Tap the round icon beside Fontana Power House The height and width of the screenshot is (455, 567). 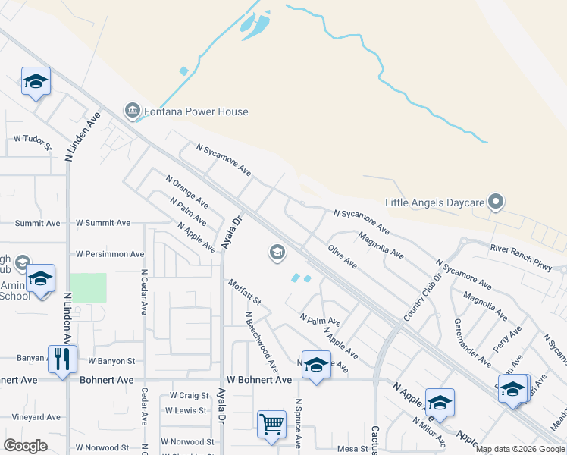tap(133, 111)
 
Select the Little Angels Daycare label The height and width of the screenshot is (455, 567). tap(434, 202)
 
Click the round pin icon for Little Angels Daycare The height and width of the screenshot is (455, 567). tap(496, 202)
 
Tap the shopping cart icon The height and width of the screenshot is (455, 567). tap(271, 425)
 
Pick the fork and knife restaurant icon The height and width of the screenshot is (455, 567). tap(62, 358)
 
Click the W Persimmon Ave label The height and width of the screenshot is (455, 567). tap(110, 254)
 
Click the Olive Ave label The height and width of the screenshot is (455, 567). tap(342, 256)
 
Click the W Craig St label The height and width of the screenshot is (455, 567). tap(189, 395)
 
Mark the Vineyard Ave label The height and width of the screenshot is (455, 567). tap(36, 417)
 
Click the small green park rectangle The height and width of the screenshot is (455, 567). tap(88, 287)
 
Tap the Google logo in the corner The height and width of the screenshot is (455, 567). tap(25, 446)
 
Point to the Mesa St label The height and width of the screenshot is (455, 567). tap(352, 448)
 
